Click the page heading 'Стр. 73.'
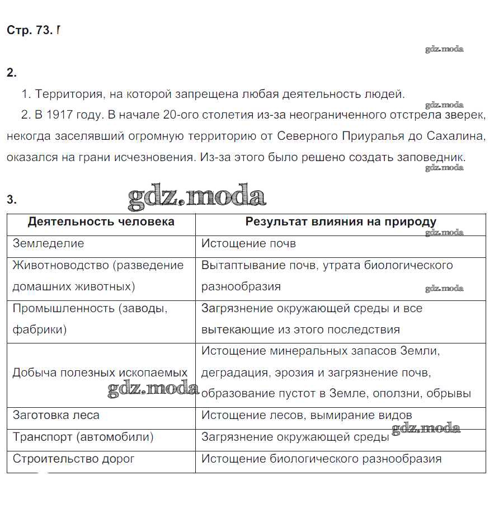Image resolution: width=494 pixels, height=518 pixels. [29, 30]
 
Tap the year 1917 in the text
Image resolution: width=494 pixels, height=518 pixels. [59, 115]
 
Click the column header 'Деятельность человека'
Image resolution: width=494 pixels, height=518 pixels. [101, 222]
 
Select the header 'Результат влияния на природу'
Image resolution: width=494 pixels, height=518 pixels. [341, 222]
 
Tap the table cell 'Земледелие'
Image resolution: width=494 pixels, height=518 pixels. [48, 243]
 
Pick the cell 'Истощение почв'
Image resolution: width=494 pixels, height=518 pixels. [248, 243]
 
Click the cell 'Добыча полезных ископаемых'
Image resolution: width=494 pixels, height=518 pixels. [100, 372]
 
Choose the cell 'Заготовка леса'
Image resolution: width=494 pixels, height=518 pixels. [56, 415]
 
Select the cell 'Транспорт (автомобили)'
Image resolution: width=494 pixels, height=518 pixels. [83, 437]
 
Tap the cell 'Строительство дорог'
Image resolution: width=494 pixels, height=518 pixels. [73, 459]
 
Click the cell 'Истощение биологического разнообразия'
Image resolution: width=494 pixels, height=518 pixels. [321, 459]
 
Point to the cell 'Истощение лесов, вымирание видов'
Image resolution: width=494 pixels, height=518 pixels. [307, 415]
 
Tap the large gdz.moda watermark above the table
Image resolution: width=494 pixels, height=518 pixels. [197, 197]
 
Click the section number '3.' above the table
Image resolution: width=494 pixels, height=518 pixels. [12, 200]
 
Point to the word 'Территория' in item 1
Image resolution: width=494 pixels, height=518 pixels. [68, 93]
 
